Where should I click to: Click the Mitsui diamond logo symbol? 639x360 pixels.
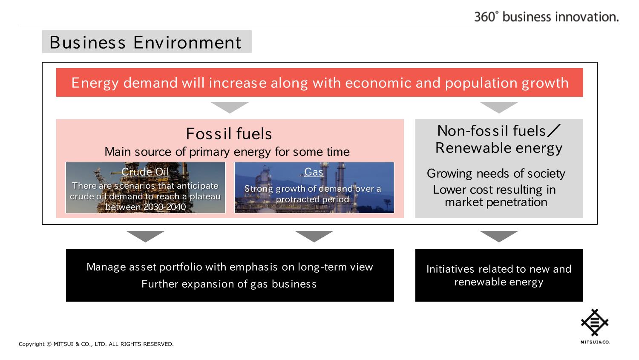click(595, 323)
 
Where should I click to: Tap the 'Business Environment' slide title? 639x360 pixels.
click(146, 42)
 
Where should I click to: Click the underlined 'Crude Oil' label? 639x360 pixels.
click(145, 172)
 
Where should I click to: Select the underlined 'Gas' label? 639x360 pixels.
click(314, 172)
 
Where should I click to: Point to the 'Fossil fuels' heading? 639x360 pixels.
click(229, 133)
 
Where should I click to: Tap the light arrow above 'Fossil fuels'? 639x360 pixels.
click(230, 107)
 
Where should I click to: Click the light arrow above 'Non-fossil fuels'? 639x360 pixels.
click(499, 107)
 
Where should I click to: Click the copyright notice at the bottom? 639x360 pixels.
click(96, 344)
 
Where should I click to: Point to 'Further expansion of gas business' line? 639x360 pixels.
click(229, 284)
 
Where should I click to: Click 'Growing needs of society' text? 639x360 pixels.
click(496, 173)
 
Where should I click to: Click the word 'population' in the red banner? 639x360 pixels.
click(481, 84)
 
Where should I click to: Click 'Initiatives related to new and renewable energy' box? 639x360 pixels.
click(499, 275)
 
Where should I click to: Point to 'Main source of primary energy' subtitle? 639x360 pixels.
click(227, 152)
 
